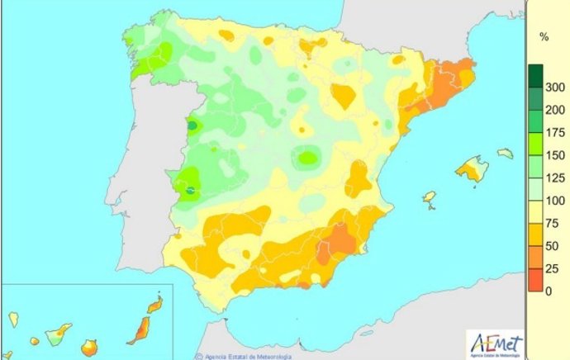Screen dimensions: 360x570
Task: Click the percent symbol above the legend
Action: [x=544, y=37]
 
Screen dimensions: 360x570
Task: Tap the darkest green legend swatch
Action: [x=535, y=75]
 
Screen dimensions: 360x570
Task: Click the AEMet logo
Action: [x=493, y=340]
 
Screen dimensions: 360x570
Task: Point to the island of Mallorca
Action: [x=473, y=168]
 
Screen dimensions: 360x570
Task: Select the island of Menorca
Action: [x=505, y=154]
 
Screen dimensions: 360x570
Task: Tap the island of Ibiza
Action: [x=429, y=198]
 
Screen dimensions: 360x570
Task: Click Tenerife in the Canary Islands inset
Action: [x=58, y=334]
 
